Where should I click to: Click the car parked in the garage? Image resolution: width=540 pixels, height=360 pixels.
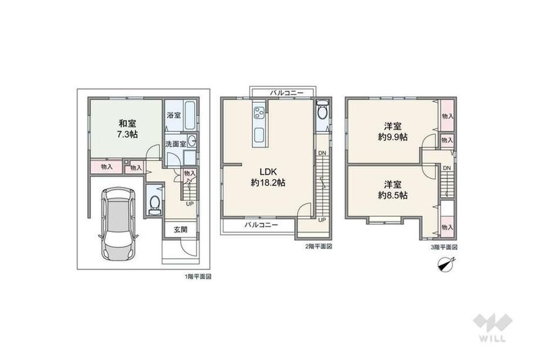[x=118, y=225]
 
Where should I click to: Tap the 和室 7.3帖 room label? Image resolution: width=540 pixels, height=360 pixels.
[x=127, y=129]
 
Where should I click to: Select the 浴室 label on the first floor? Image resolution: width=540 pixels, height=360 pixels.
[x=174, y=115]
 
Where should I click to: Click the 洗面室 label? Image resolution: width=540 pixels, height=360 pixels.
[x=176, y=144]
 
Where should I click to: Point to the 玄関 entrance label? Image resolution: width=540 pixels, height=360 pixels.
[x=180, y=229]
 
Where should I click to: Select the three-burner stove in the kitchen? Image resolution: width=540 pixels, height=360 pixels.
[x=259, y=112]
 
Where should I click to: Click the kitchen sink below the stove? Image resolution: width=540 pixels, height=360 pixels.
[x=259, y=136]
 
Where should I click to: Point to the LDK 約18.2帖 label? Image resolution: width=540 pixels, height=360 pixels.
[x=268, y=177]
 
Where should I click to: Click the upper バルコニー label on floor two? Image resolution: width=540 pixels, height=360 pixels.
[x=286, y=93]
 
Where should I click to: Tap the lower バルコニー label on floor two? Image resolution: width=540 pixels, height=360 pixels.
[x=261, y=226]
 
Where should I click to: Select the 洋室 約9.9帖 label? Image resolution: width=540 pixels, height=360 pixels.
[x=393, y=131]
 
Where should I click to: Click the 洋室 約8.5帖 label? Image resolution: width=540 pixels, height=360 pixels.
[x=393, y=190]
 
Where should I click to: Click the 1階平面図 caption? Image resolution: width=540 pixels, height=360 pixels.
[x=198, y=277]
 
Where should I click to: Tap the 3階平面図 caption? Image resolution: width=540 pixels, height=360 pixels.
[x=444, y=247]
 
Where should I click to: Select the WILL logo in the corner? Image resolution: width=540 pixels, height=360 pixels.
[x=492, y=328]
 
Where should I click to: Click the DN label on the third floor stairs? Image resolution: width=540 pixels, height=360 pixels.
[x=447, y=168]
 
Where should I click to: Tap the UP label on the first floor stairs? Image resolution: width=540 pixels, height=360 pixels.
[x=190, y=204]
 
